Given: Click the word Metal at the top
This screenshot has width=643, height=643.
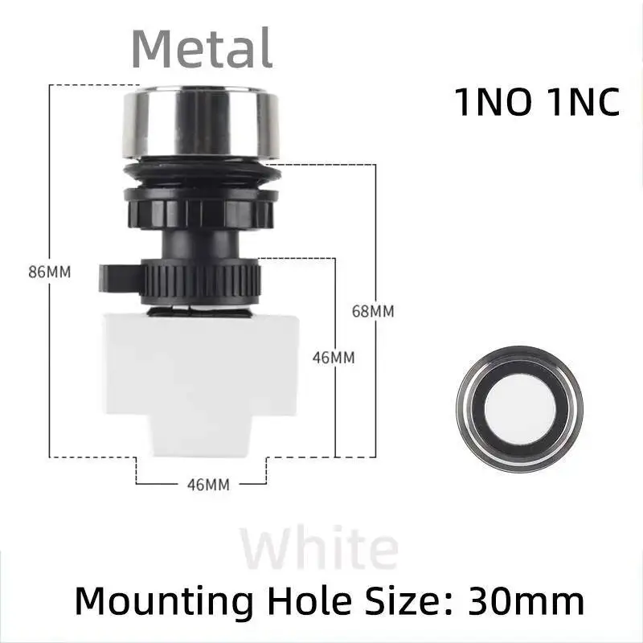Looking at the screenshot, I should [x=202, y=47].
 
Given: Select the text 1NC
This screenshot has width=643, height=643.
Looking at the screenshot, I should [x=580, y=103].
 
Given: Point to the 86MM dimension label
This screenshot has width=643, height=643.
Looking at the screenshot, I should [x=50, y=272].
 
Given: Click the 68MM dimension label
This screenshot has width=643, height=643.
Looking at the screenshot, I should [x=373, y=311].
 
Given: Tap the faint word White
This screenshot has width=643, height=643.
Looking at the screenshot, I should [x=320, y=549].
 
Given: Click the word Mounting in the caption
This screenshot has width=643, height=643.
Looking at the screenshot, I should [x=158, y=600].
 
